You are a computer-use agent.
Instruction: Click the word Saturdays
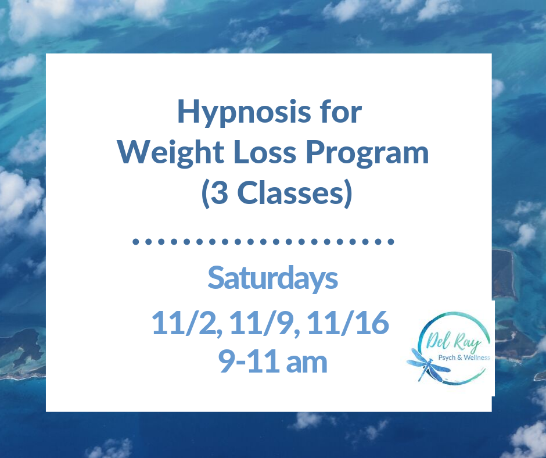tap(272, 278)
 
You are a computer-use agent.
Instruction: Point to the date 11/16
tap(351, 323)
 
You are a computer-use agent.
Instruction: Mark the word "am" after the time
tap(307, 362)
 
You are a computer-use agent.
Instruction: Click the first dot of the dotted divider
tap(135, 241)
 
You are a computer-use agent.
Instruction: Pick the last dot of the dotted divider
tap(393, 241)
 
